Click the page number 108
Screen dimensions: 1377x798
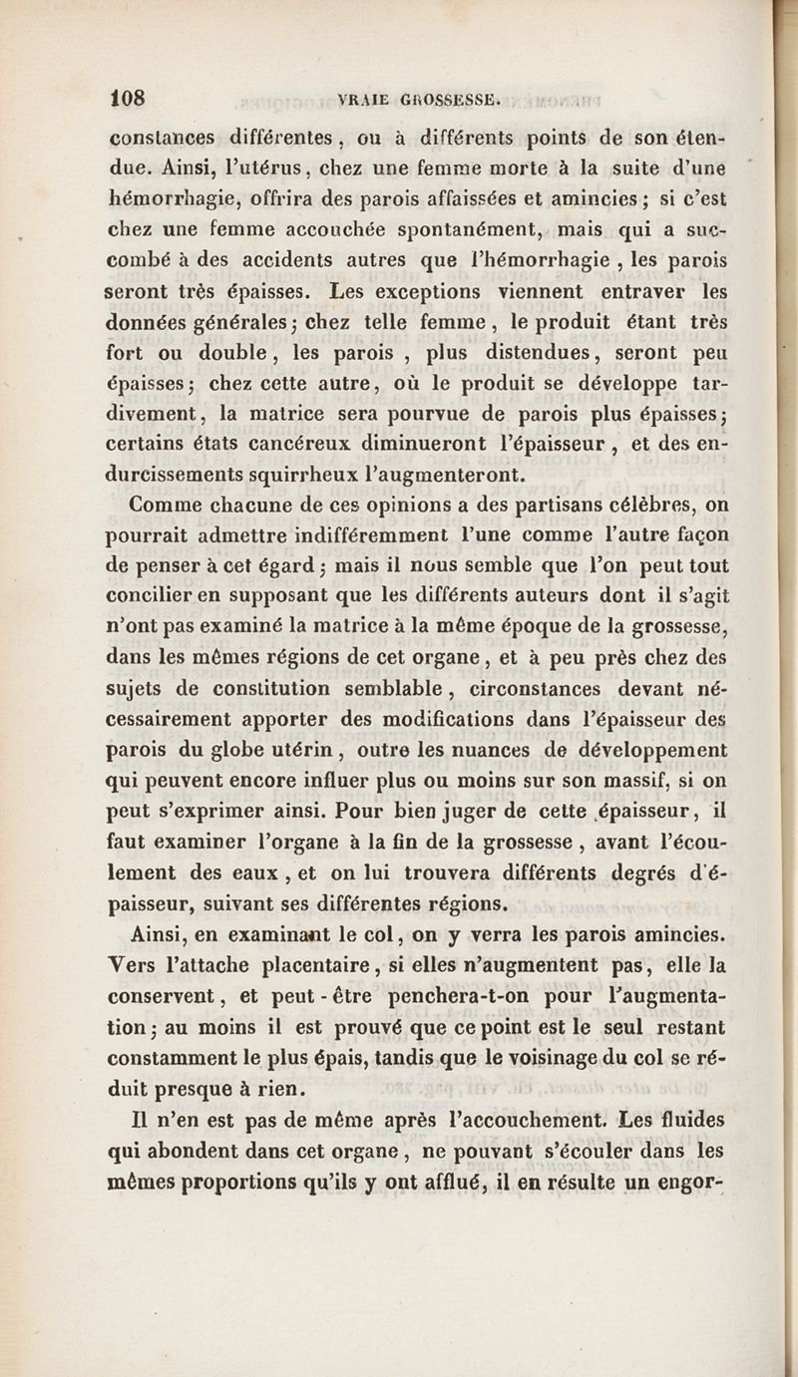click(x=128, y=98)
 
